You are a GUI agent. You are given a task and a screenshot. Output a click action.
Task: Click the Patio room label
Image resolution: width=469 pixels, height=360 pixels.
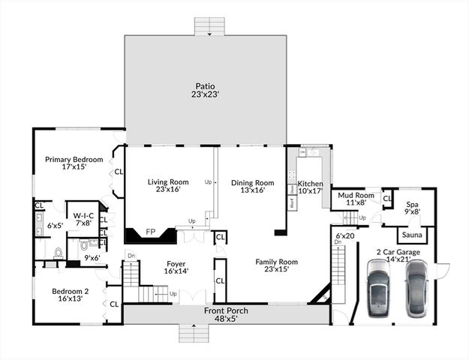pos(204,86)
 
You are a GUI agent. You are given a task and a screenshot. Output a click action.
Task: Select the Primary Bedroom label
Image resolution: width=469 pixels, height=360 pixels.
pos(74,159)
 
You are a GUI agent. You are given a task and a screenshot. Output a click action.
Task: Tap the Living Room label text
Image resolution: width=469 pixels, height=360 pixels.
pos(167,181)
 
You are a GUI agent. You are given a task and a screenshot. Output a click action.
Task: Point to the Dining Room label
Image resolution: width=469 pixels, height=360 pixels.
pos(252,182)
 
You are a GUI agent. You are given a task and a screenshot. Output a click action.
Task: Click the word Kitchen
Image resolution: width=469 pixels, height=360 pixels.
pos(311,184)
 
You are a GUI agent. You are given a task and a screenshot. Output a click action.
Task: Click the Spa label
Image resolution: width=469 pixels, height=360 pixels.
pos(413,204)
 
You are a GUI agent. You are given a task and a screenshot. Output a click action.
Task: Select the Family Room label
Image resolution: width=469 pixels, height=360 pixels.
pos(277,262)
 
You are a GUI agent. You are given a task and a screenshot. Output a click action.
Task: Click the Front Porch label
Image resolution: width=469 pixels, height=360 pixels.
pos(226,310)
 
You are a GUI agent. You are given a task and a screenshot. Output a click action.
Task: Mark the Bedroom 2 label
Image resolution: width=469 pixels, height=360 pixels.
pos(70,291)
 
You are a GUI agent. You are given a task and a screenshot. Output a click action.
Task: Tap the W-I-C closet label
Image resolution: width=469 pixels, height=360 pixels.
pos(83,215)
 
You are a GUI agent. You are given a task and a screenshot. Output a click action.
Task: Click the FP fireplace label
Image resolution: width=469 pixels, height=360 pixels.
pos(150,232)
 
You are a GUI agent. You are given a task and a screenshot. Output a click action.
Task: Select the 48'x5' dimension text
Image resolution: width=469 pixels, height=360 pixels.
pos(226,319)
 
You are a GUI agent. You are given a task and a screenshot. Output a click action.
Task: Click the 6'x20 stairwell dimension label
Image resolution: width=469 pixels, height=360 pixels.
pos(344,235)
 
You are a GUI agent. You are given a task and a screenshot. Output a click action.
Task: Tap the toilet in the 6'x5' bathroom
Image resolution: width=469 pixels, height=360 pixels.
pos(58,252)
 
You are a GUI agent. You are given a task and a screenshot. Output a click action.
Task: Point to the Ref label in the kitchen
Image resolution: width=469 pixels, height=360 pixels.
pos(291,202)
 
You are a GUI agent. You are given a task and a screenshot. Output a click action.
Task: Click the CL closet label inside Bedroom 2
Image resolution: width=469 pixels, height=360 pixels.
pos(114,304)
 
